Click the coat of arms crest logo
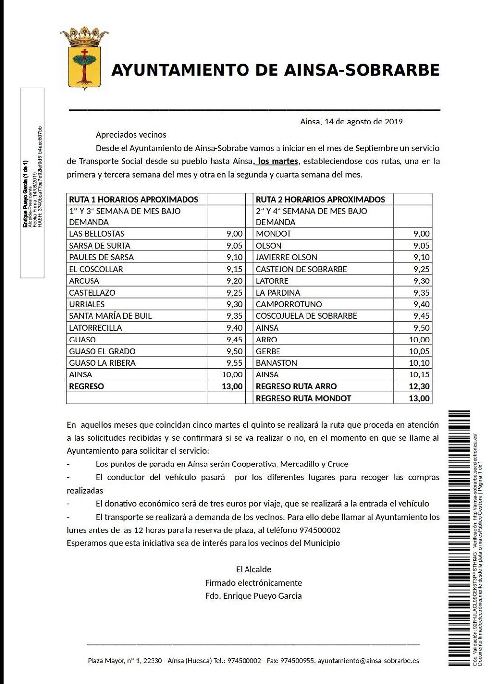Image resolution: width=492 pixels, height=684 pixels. (x=85, y=58)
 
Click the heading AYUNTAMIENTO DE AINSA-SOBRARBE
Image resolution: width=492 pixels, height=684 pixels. (x=275, y=70)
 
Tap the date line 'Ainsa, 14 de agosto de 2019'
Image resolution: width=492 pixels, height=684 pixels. (x=351, y=122)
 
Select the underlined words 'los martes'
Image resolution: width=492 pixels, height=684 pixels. (x=278, y=161)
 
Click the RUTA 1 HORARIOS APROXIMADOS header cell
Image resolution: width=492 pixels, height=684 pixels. (x=134, y=199)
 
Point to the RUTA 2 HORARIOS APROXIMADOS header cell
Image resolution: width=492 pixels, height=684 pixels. (x=320, y=199)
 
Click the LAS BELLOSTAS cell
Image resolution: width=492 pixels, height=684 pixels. (x=97, y=234)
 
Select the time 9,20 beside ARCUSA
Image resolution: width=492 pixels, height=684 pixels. (x=234, y=281)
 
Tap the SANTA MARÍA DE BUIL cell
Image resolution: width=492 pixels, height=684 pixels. (x=110, y=316)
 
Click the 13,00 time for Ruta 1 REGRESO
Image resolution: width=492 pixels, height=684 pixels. (x=232, y=386)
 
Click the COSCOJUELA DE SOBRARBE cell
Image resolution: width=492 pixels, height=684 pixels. (x=306, y=316)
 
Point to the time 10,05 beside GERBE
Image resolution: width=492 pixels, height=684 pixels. (x=419, y=351)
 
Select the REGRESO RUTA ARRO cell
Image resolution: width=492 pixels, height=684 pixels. (x=296, y=386)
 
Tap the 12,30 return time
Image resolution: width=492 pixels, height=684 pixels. (x=419, y=386)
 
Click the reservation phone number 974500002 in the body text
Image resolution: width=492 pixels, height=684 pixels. (x=320, y=530)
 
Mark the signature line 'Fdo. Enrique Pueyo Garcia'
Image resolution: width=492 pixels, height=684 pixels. (x=253, y=596)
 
